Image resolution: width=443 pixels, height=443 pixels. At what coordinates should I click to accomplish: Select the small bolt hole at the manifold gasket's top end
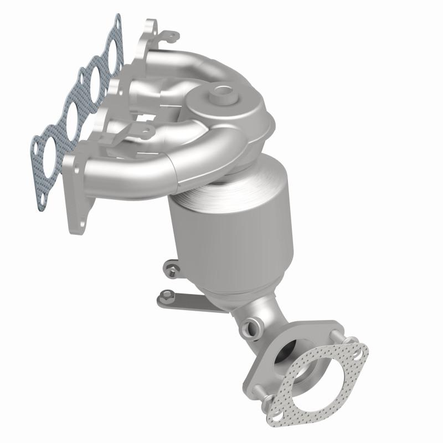tap(117, 23)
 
